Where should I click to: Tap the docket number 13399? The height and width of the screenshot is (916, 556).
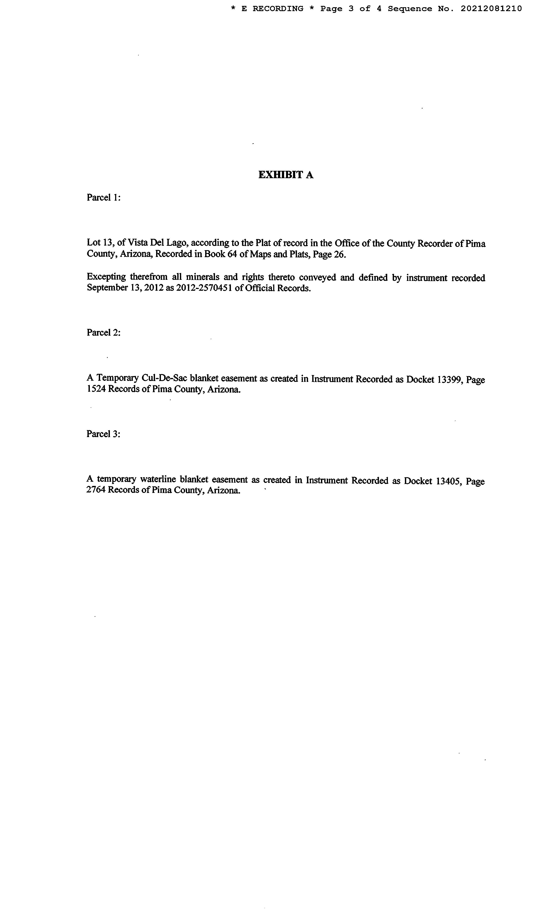pos(449,379)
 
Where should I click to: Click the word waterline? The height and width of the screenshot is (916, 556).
pos(158,480)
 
